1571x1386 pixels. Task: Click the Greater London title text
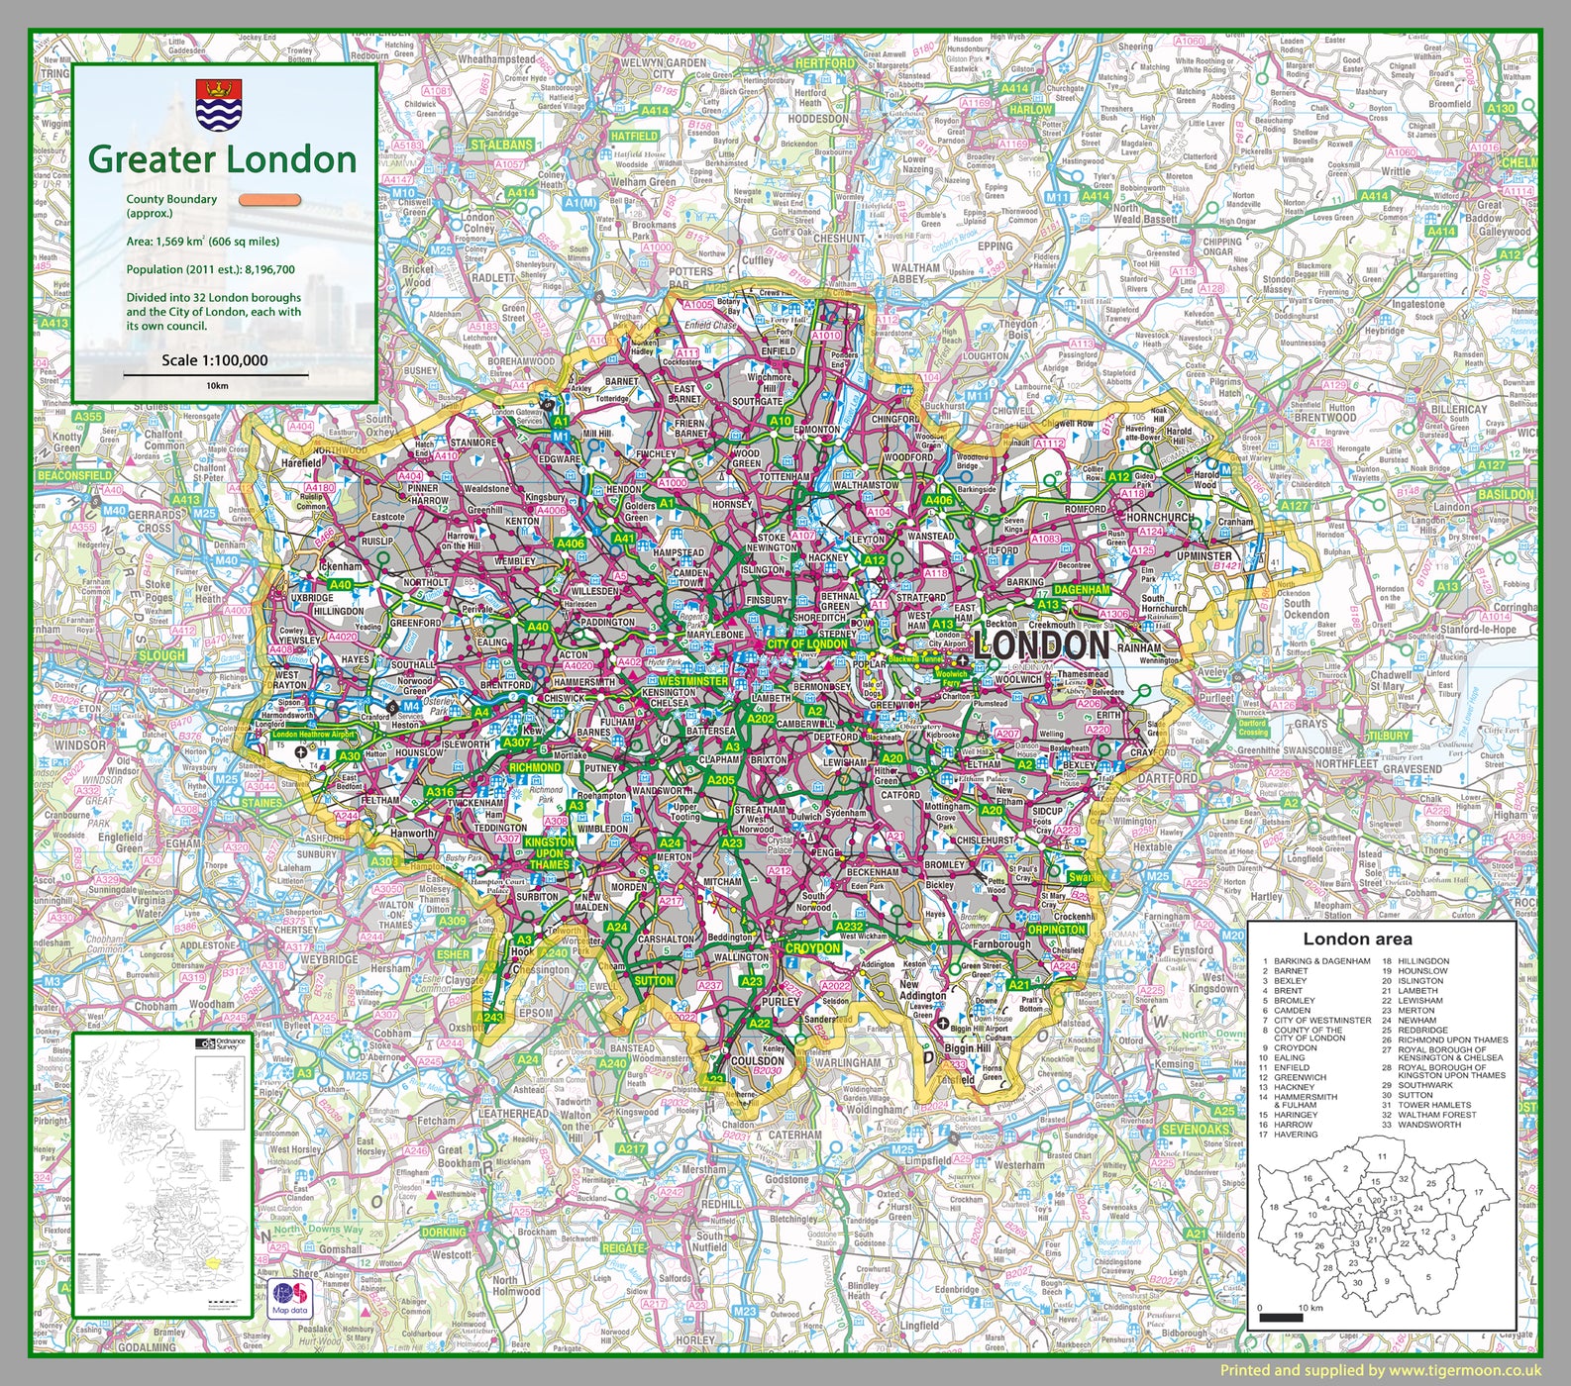pyautogui.click(x=222, y=159)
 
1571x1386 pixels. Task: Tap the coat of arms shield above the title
pyautogui.click(x=219, y=105)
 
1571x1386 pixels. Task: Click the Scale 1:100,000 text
pyautogui.click(x=215, y=360)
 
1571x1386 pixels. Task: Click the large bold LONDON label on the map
pyautogui.click(x=1042, y=645)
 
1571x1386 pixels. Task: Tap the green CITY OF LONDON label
pyautogui.click(x=807, y=643)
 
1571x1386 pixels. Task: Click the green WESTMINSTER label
pyautogui.click(x=692, y=681)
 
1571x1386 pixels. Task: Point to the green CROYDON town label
pyautogui.click(x=812, y=948)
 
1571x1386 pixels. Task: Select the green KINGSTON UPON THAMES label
pyautogui.click(x=549, y=853)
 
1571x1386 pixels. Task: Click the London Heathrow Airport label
pyautogui.click(x=313, y=735)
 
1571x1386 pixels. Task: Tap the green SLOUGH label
pyautogui.click(x=161, y=655)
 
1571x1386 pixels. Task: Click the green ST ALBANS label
pyautogui.click(x=501, y=145)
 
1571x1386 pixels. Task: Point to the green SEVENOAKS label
pyautogui.click(x=1195, y=1130)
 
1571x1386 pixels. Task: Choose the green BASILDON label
pyautogui.click(x=1505, y=494)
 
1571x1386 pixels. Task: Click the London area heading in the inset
pyautogui.click(x=1357, y=940)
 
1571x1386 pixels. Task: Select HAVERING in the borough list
pyautogui.click(x=1296, y=1135)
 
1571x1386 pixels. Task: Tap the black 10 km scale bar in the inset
pyautogui.click(x=1282, y=1317)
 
